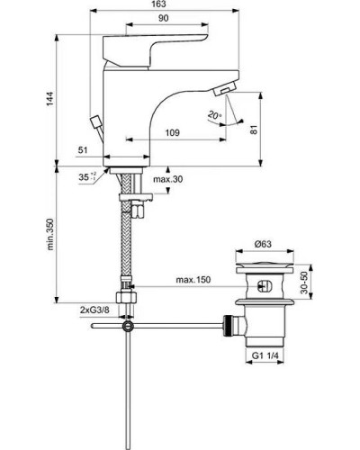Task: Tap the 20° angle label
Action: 237,116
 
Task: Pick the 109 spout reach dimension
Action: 169,133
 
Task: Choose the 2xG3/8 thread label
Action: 95,310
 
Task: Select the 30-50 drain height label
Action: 317,286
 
